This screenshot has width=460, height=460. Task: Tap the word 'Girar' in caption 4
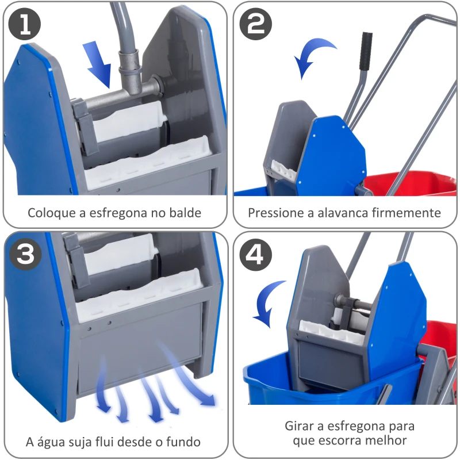pyautogui.click(x=298, y=427)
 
